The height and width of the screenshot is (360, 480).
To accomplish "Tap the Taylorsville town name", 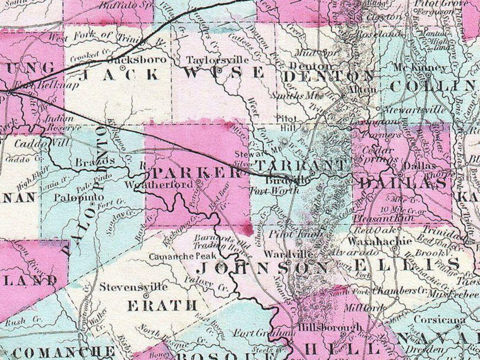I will (x=218, y=60).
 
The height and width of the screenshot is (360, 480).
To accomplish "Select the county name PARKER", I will (x=196, y=173).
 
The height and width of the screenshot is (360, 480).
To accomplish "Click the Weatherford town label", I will (x=159, y=185).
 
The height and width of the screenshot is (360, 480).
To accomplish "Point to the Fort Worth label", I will (x=274, y=191).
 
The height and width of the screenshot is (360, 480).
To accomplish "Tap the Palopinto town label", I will (x=79, y=198).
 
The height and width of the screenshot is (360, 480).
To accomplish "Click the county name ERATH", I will (x=162, y=306).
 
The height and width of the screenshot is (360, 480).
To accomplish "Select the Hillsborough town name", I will (x=329, y=327).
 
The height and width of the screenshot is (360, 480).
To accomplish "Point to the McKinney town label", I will (x=420, y=68).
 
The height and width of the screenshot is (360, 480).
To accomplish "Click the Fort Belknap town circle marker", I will (x=9, y=92).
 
